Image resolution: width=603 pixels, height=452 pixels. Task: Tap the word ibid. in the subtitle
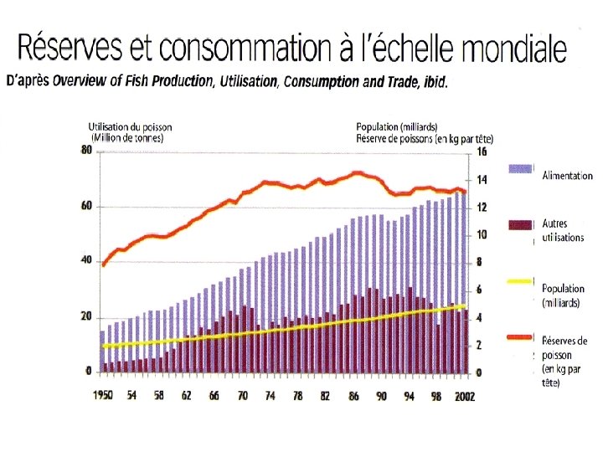434,82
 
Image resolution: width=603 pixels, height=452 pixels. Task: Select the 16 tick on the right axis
482,152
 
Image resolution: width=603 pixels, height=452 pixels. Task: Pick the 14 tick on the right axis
482,179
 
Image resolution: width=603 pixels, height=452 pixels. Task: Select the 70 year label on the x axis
243,396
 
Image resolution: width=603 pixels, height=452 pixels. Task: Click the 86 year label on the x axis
355,396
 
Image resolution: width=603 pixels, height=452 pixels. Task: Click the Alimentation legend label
568,176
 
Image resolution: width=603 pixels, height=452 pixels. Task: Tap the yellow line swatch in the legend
521,280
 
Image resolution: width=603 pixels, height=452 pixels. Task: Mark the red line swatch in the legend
521,338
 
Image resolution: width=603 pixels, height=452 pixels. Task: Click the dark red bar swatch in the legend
521,224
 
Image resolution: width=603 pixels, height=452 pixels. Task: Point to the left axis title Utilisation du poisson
131,128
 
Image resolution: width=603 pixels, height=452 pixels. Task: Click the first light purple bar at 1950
102,351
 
